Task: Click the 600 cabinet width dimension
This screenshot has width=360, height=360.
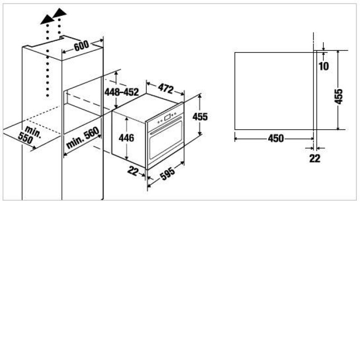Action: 81,46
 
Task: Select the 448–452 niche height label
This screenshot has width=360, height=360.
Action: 121,92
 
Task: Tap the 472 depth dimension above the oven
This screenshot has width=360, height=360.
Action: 166,88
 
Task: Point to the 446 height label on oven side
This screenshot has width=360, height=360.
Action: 126,138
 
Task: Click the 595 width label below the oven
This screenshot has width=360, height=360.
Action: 167,173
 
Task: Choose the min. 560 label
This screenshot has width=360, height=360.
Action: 83,138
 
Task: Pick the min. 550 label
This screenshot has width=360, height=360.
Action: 29,135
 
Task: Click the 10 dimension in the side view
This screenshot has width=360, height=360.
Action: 324,66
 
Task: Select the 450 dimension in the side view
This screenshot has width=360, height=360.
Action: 276,139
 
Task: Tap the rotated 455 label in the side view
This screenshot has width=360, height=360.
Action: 338,97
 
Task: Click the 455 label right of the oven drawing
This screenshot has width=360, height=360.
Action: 200,117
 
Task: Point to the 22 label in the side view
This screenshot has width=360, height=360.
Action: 315,158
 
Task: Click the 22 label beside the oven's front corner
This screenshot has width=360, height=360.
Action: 133,171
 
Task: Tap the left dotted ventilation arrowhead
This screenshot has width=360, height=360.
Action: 48,19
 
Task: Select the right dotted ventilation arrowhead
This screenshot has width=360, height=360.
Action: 59,13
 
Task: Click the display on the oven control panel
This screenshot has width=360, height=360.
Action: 167,117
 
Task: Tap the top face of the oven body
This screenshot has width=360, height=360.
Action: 147,107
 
